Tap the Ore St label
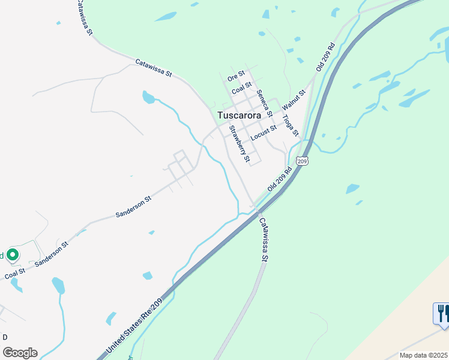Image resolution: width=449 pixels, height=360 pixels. (x=237, y=76)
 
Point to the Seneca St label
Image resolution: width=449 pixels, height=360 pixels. (x=265, y=103)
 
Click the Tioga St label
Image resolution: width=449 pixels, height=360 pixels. (x=291, y=124)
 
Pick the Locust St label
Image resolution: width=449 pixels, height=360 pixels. (x=264, y=132)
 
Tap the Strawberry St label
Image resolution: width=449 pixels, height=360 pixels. (x=238, y=143)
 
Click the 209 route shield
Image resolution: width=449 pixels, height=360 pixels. (x=303, y=161)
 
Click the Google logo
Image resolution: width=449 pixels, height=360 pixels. (x=20, y=353)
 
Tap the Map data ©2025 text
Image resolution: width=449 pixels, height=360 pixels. (x=424, y=355)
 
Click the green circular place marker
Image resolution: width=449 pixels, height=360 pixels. (x=12, y=255)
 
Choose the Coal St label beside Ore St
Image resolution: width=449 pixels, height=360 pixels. (x=242, y=88)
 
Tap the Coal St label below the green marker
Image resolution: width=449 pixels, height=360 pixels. (x=15, y=273)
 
